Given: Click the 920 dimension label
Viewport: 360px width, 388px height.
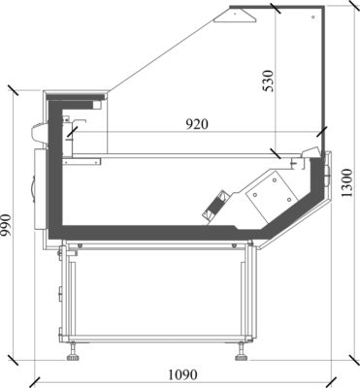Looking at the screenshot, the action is pyautogui.click(x=197, y=124).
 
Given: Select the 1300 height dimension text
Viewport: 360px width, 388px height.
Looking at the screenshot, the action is pyautogui.click(x=347, y=183).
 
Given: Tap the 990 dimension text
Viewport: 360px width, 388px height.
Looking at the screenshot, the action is pyautogui.click(x=7, y=225).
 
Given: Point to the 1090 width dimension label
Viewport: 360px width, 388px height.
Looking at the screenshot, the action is pyautogui.click(x=182, y=375).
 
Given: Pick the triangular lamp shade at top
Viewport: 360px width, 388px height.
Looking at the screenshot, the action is pyautogui.click(x=235, y=16).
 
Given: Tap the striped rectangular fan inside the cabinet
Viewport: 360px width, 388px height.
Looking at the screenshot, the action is pyautogui.click(x=215, y=207).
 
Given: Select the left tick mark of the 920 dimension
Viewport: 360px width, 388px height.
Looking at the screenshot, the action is pyautogui.click(x=73, y=132).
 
